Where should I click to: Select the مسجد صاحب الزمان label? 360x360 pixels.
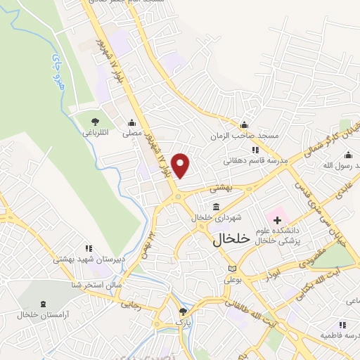247,134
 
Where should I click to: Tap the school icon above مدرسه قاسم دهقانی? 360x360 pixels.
255,150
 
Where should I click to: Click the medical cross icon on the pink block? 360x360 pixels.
277,221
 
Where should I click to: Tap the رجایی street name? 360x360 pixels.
130,305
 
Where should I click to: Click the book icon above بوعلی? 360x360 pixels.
232,269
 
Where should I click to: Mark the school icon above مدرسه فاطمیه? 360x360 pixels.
342,325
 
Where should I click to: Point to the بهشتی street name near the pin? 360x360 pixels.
221,188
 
